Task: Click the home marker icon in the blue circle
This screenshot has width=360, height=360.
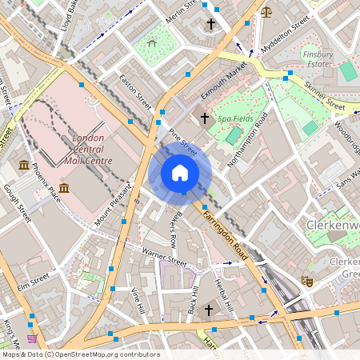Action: click(180, 173)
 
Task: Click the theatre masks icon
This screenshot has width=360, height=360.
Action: click(305, 281)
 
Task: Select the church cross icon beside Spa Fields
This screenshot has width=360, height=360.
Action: click(204, 118)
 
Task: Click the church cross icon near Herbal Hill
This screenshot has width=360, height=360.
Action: click(209, 309)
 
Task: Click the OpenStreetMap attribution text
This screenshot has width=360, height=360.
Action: click(80, 354)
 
